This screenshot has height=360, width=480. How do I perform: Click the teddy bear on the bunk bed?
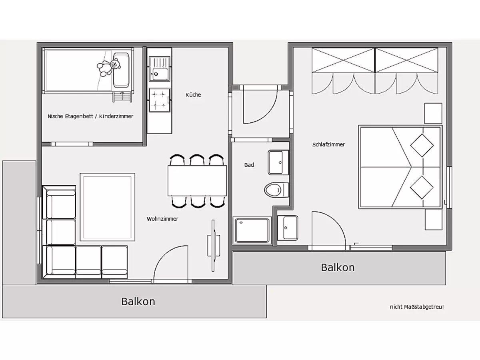109,67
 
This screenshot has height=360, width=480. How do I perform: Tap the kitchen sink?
160,69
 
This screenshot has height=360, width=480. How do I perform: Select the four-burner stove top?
160,100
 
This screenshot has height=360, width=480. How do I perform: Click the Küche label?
193,95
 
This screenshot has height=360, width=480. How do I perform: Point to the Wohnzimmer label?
162,219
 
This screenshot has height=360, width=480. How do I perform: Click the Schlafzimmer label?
328,144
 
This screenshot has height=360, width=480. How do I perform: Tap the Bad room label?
249,165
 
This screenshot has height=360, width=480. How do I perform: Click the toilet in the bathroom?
276,190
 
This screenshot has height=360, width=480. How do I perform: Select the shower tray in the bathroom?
252,230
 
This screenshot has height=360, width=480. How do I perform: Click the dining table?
197,181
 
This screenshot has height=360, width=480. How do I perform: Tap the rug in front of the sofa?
107,207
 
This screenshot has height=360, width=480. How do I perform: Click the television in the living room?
214,246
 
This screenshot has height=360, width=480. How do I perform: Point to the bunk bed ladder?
122,97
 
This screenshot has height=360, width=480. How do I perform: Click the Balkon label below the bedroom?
338,268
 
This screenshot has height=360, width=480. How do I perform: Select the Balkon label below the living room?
138,302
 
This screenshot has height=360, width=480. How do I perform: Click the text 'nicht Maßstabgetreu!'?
417,307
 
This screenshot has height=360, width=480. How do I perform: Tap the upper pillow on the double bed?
422,146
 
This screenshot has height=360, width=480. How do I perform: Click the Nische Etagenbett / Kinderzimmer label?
90,116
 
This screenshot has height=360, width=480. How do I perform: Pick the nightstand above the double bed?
433,114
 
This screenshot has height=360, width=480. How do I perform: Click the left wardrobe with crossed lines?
343,60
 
